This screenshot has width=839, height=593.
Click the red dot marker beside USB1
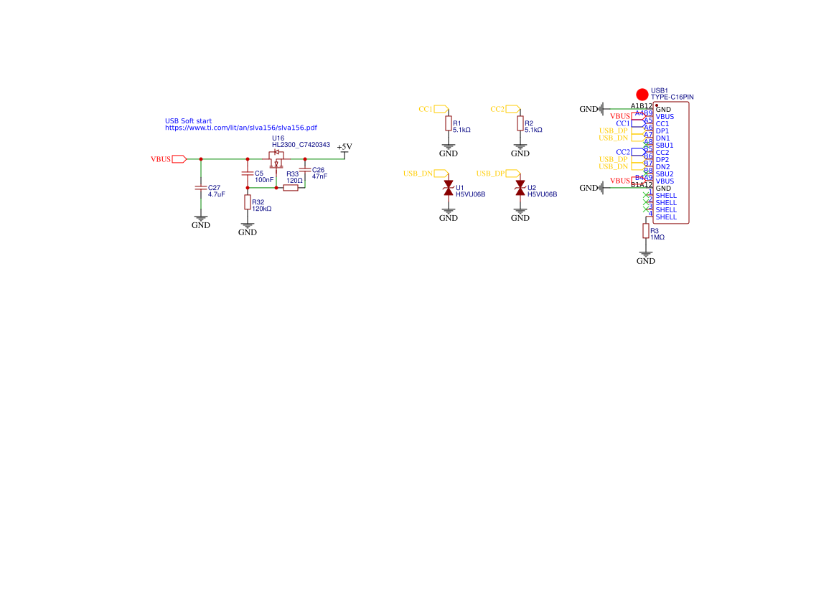pyautogui.click(x=642, y=94)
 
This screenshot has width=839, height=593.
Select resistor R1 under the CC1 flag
pyautogui.click(x=449, y=125)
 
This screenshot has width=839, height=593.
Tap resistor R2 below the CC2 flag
pyautogui.click(x=520, y=125)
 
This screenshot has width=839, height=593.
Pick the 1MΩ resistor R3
pyautogui.click(x=646, y=231)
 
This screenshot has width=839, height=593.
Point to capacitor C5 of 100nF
pyautogui.click(x=248, y=174)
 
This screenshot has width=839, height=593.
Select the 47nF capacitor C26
pyautogui.click(x=305, y=171)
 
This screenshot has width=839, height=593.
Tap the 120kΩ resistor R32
pyautogui.click(x=248, y=203)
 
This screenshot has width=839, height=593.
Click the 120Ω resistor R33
pyautogui.click(x=291, y=188)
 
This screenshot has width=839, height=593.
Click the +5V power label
pyautogui.click(x=344, y=147)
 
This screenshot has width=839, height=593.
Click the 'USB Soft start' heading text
pyautogui.click(x=188, y=121)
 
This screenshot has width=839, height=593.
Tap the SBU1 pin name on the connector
pyautogui.click(x=665, y=146)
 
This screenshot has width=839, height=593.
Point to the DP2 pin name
pyautogui.click(x=662, y=160)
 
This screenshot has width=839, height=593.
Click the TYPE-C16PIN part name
pyautogui.click(x=672, y=97)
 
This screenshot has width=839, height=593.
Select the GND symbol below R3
pyautogui.click(x=646, y=258)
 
